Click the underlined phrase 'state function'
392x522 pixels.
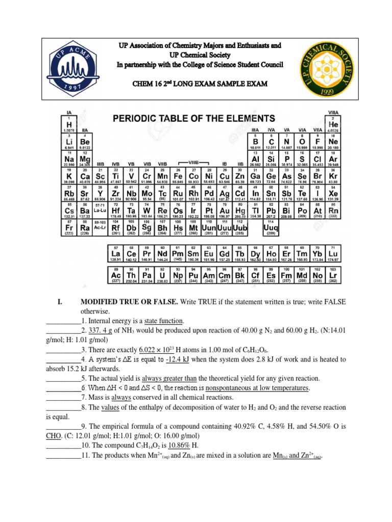163,320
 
